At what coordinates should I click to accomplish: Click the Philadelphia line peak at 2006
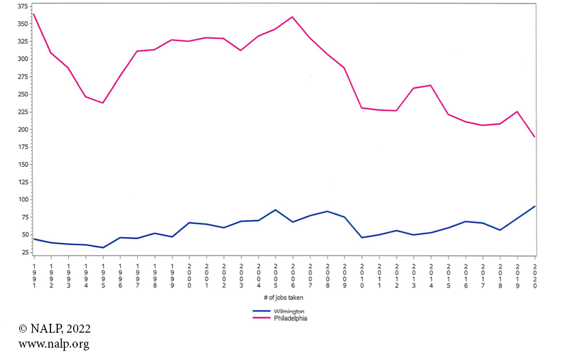pos(293,17)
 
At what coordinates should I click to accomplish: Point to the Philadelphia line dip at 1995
pos(103,103)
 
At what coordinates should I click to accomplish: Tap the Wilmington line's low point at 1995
pos(103,247)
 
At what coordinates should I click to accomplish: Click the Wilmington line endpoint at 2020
pos(535,206)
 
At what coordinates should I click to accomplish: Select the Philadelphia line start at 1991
pos(33,14)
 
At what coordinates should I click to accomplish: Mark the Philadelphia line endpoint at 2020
pos(535,137)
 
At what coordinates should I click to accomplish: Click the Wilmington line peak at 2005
pos(275,210)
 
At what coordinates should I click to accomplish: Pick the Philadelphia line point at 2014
pos(431,85)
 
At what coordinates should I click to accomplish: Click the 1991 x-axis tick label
pos(33,276)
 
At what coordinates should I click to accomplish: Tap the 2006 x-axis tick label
pos(293,276)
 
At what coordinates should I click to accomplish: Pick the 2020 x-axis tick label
pos(535,276)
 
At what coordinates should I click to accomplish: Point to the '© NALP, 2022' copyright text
pos(54,329)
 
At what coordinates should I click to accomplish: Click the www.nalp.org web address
pos(53,344)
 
